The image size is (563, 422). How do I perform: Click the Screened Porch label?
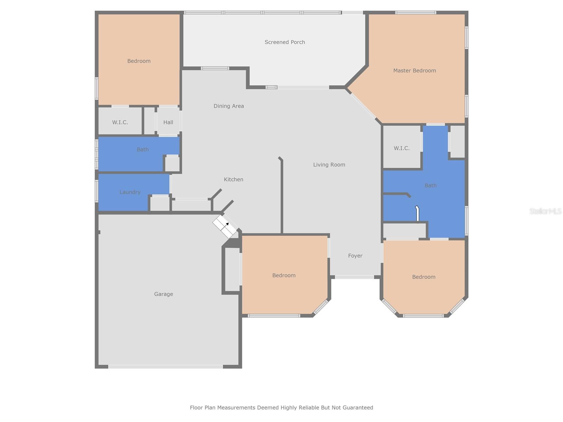pos(285,42)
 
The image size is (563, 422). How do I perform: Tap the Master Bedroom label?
pos(415,71)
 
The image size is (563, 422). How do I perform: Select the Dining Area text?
pos(229,106)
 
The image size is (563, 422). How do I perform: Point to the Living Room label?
pos(329,165)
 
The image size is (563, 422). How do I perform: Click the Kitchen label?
pos(234,179)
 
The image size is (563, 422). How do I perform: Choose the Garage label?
pos(164,294)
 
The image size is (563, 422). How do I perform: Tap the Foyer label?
pos(355,256)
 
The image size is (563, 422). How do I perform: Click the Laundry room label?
pos(130,192)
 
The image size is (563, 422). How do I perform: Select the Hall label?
pos(168,122)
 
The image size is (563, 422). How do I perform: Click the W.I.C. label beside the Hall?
pos(120,122)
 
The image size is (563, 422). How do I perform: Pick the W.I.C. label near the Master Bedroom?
pos(401,148)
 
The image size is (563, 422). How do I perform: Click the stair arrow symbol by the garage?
pos(227,224)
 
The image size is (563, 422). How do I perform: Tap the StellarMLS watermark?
pos(545,211)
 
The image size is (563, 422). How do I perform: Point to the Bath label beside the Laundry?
pos(143,149)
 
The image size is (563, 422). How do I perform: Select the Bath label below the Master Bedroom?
pos(430,185)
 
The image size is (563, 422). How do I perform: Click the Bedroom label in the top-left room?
pos(139,61)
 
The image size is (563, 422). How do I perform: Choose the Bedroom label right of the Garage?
pos(284,275)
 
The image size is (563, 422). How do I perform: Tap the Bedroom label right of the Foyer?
pos(424,277)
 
